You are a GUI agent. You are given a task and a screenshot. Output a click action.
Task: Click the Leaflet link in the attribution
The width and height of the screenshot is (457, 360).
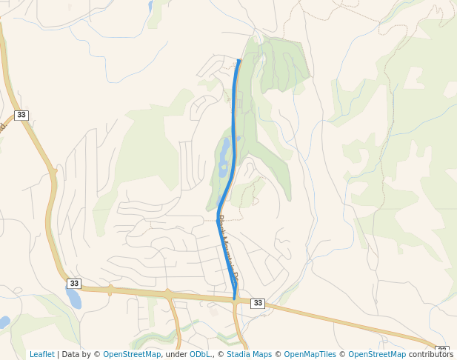pos(41,354)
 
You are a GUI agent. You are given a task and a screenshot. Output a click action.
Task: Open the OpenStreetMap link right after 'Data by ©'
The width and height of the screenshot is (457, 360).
pos(132,354)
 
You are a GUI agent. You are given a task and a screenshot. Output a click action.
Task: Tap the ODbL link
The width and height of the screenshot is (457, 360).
pos(201,354)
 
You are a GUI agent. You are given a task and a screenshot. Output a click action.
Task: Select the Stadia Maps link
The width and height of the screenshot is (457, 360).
pos(249,354)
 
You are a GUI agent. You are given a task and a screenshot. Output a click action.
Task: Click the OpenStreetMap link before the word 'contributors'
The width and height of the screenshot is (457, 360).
pos(377,354)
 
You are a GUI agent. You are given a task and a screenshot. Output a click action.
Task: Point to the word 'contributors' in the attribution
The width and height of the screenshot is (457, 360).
pos(431,354)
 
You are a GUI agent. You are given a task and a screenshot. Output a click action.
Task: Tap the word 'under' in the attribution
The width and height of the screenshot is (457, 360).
pos(176,354)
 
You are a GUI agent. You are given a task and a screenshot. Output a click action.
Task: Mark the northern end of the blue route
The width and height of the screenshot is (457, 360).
pos(238,60)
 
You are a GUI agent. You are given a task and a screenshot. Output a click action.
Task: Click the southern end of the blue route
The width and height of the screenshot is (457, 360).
pos(234,299)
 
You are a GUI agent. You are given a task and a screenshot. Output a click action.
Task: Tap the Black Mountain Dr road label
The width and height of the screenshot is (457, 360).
pos(227,248)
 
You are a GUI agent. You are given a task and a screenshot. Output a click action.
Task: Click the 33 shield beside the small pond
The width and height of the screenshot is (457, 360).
pos(73,284)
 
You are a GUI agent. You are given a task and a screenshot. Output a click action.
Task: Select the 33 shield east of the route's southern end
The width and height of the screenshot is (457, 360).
pos(258,303)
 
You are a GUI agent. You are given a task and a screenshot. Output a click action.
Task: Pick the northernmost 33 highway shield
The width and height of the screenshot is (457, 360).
pos(21,115)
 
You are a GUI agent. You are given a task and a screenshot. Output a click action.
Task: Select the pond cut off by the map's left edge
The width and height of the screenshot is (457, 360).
pos(4,322)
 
